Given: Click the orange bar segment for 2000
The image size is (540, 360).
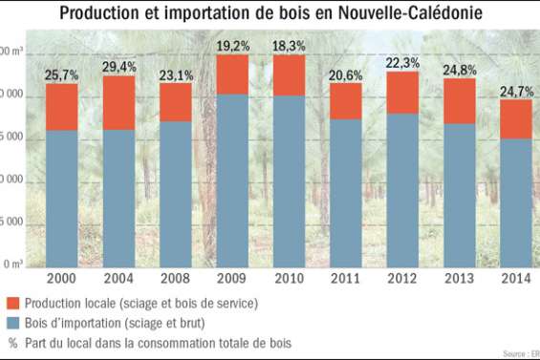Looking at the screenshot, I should coord(62,107).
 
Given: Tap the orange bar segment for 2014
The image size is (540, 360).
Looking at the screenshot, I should coord(516,118).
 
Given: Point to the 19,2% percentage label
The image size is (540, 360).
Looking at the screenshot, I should coord(232,45).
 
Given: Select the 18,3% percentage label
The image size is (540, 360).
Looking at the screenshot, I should coord(290,45).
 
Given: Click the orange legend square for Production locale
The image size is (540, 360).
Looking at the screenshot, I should coord(13,304).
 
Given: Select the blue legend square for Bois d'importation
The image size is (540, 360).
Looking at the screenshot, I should coord(13,323).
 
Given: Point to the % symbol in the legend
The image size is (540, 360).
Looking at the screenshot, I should coord(13,342).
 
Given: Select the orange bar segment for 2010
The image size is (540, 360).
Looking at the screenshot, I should coord(290,75).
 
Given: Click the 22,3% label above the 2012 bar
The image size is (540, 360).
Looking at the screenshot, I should coord(402,62).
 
